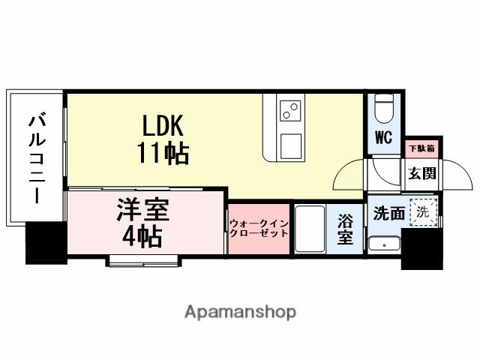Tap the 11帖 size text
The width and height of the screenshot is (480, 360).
(x=163, y=153)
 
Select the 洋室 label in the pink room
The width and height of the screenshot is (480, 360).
(x=142, y=209)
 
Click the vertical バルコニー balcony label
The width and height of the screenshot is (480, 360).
(x=35, y=157)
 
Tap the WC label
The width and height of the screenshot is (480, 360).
(x=384, y=139)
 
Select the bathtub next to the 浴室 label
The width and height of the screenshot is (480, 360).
(x=308, y=229)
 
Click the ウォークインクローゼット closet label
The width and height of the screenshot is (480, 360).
(x=258, y=228)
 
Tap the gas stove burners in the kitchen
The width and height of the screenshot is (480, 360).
(x=289, y=113)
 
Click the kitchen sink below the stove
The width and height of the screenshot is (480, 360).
(x=289, y=145)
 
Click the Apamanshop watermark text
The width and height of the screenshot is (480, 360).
(x=240, y=311)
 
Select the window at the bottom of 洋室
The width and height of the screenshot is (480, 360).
(x=143, y=260)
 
